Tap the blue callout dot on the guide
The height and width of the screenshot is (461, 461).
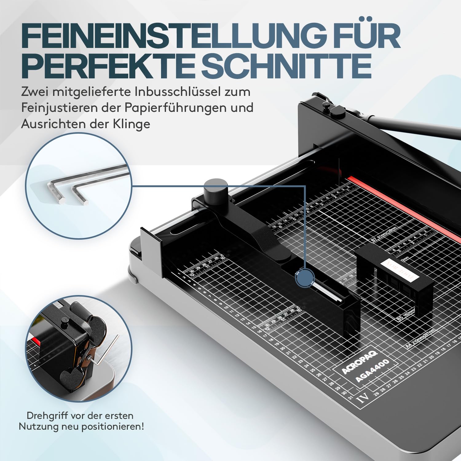(x=305, y=278)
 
